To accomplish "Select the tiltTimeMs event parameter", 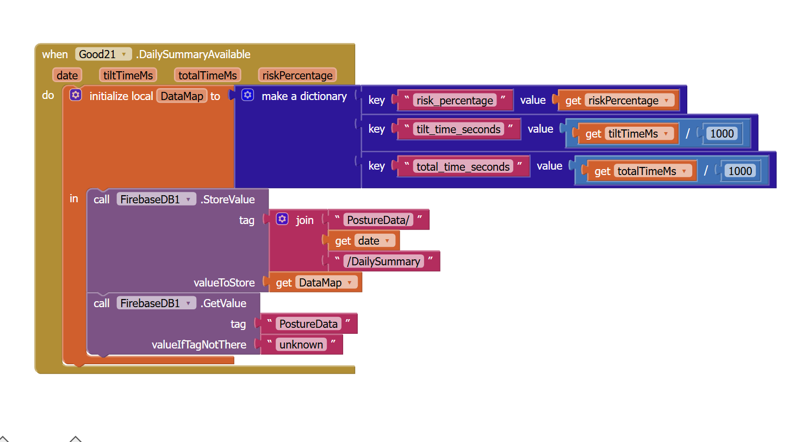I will pyautogui.click(x=128, y=75).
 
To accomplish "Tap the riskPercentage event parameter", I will pyautogui.click(x=297, y=75).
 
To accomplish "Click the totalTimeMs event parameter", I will pyautogui.click(x=207, y=75).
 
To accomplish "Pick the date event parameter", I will pyautogui.click(x=67, y=75).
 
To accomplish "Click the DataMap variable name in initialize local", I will pyautogui.click(x=182, y=96).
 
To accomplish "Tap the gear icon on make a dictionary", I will pyautogui.click(x=247, y=95).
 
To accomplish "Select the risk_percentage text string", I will pyautogui.click(x=455, y=101).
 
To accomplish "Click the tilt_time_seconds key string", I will pyautogui.click(x=458, y=129).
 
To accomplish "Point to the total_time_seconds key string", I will pyautogui.click(x=463, y=167).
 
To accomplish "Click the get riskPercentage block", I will pyautogui.click(x=573, y=101).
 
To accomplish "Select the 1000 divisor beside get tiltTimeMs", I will pyautogui.click(x=722, y=134).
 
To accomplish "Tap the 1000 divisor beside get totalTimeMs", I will pyautogui.click(x=740, y=171).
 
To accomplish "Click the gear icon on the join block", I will pyautogui.click(x=282, y=219).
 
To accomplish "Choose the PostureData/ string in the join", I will pyautogui.click(x=378, y=220).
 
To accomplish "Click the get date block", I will pyautogui.click(x=343, y=241).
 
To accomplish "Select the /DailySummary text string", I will pyautogui.click(x=383, y=262).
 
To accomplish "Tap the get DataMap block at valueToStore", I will pyautogui.click(x=284, y=283).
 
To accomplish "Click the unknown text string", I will pyautogui.click(x=301, y=345).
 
